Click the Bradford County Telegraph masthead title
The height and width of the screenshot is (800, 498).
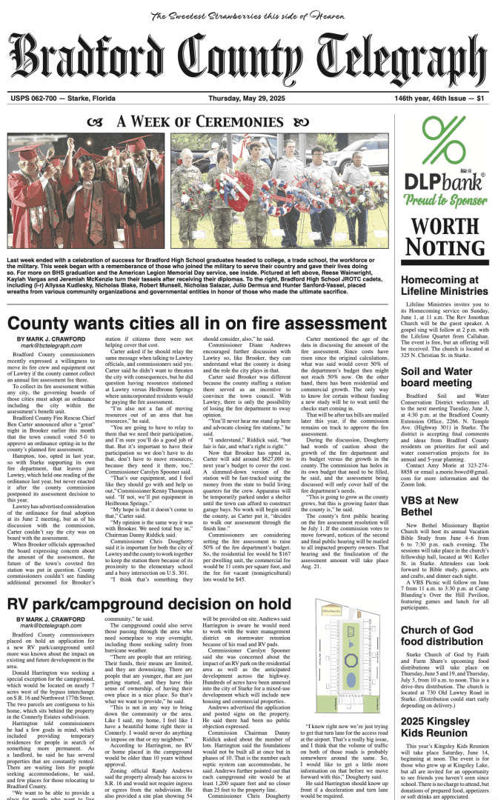(x=248, y=60)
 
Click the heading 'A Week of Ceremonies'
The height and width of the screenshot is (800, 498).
(x=196, y=121)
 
